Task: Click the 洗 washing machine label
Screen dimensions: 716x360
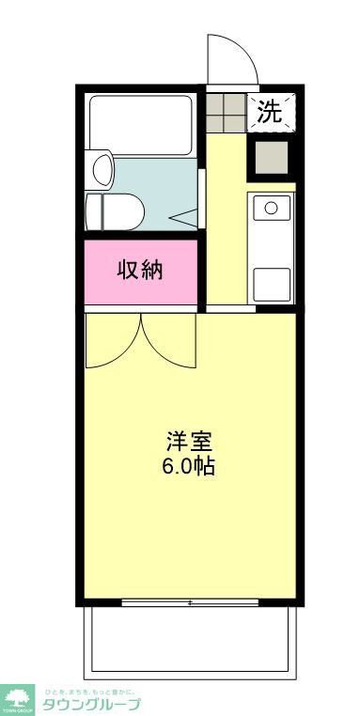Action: click(x=270, y=113)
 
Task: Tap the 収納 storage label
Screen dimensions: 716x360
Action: click(x=140, y=270)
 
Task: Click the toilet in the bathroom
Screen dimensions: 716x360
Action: click(x=114, y=210)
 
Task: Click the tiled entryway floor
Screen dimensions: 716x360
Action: click(x=226, y=112)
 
